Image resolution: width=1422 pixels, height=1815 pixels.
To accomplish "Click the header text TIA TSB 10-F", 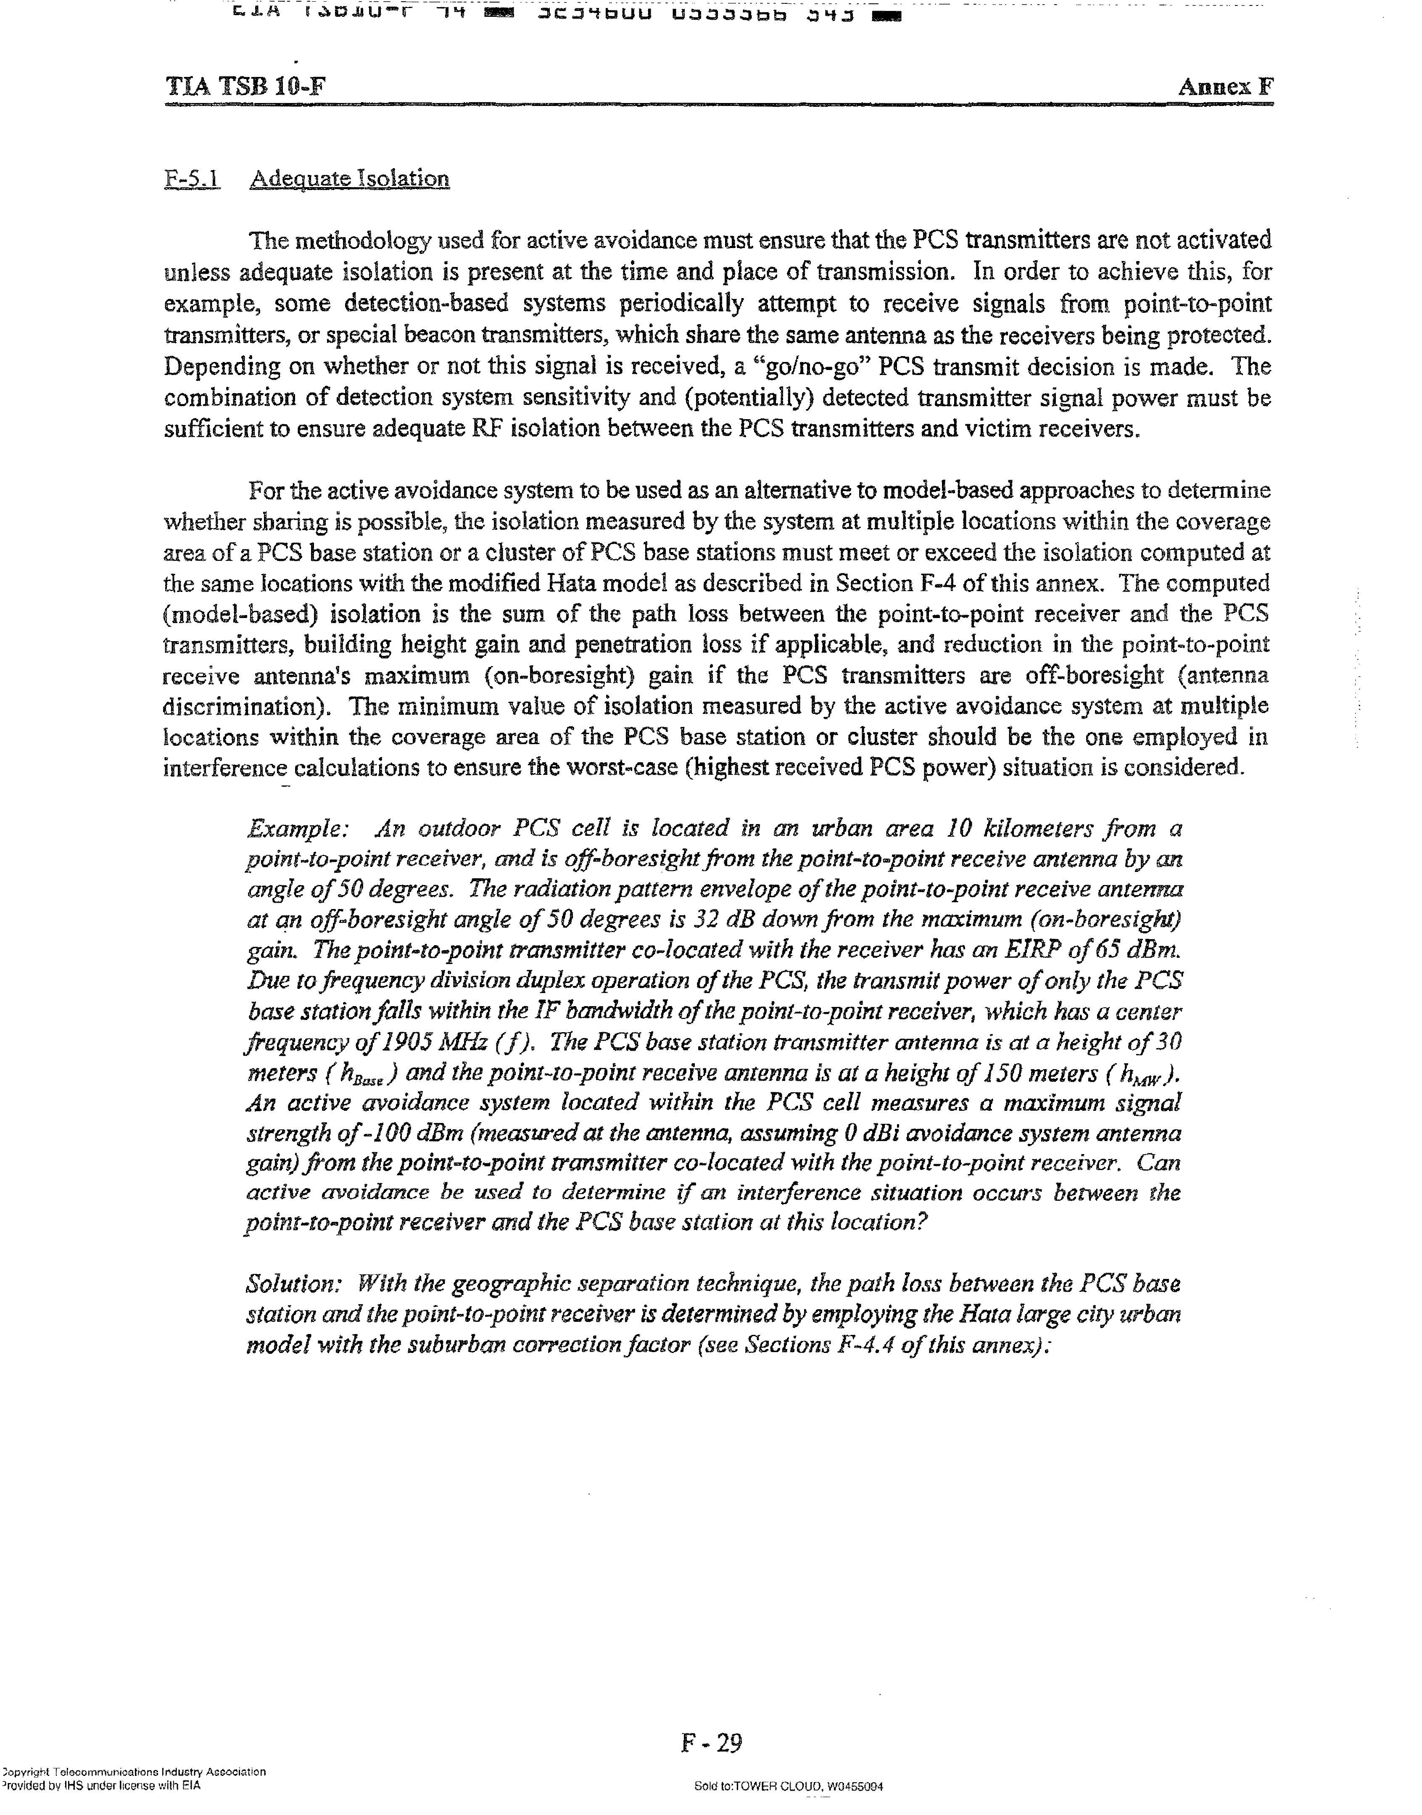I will (x=245, y=87).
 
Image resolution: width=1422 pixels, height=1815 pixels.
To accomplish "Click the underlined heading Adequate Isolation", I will (x=350, y=178).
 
